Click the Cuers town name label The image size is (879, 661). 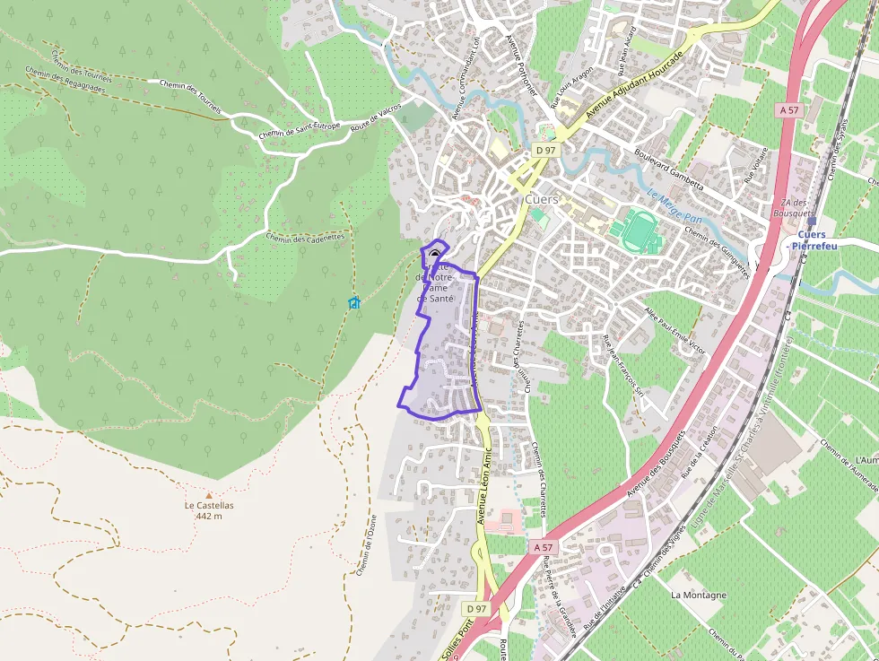point(541,199)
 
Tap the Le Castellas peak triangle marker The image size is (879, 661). point(209,494)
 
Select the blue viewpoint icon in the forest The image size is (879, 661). point(354,303)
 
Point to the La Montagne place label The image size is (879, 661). point(699,595)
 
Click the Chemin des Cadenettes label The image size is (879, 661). point(305,238)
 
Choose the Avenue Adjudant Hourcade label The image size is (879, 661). point(634,87)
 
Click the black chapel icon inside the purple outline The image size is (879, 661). point(435,254)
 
